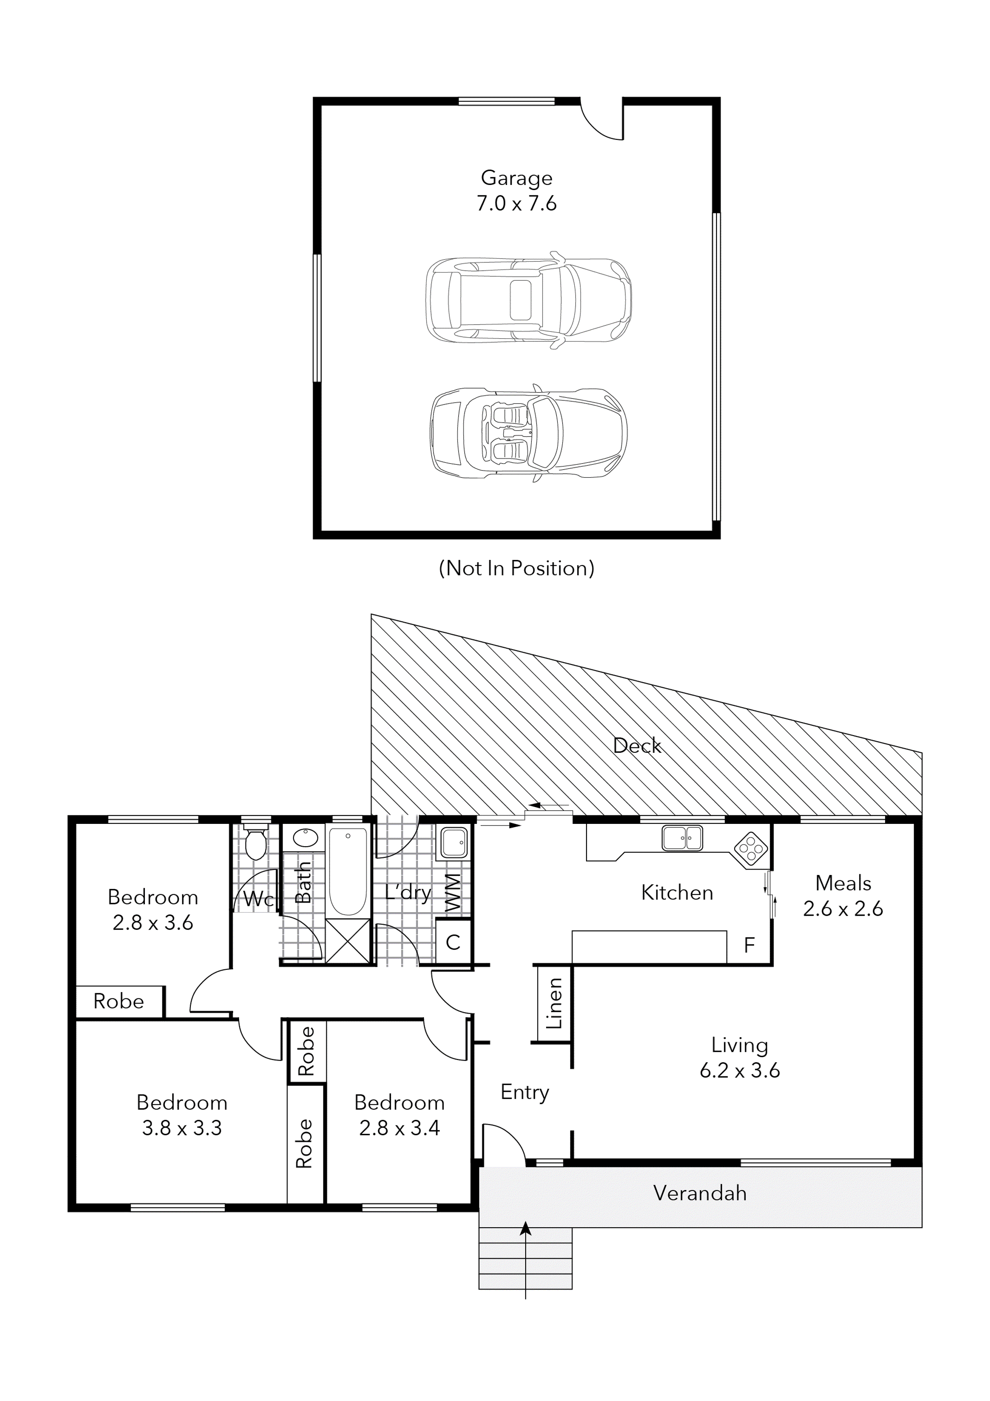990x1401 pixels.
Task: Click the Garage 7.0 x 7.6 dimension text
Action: [x=516, y=203]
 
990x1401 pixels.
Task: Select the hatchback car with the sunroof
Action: [x=528, y=300]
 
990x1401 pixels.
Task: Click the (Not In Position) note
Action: [x=516, y=568]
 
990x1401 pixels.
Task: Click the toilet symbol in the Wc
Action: [x=254, y=843]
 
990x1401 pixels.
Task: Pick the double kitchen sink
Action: [x=682, y=838]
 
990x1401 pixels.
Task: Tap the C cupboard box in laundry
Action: [x=453, y=942]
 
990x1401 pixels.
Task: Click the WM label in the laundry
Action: [x=453, y=893]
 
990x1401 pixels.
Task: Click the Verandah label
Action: [x=700, y=1193]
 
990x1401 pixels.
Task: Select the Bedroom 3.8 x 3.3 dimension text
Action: [x=182, y=1128]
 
